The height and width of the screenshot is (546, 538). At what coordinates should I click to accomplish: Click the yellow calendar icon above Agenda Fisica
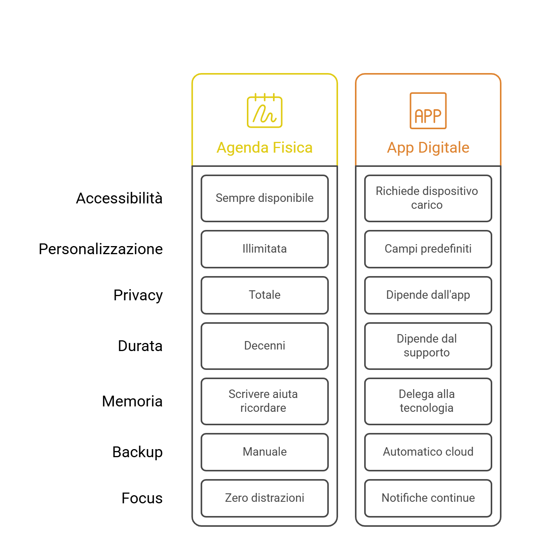coord(265,111)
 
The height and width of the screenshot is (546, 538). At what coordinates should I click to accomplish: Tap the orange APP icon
coord(428,111)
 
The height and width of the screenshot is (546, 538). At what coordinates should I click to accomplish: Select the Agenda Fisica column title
coord(265,148)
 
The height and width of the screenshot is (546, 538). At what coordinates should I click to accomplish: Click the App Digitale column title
coord(428,148)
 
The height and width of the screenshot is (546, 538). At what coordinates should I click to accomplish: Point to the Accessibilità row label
coord(119,198)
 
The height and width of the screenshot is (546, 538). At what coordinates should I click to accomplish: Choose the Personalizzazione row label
coord(101,249)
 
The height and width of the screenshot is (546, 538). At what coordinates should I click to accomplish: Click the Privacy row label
coord(138,295)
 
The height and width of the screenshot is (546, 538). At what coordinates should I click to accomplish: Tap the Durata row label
coord(140,346)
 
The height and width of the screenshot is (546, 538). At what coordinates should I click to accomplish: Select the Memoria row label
coord(132,401)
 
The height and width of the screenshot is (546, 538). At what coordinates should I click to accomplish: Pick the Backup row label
coord(137,452)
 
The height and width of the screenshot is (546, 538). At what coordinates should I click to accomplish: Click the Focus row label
coord(142,498)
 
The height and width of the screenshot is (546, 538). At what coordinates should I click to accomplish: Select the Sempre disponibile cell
coord(265,198)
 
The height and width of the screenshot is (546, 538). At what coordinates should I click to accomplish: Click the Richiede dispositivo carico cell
coord(428,198)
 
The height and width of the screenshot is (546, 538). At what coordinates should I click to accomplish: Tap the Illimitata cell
coord(265,249)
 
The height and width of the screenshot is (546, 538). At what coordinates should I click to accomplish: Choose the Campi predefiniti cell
coord(428,249)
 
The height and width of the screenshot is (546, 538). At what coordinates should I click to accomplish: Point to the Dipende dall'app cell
coord(428,295)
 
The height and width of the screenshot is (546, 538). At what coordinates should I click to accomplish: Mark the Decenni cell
coord(265,346)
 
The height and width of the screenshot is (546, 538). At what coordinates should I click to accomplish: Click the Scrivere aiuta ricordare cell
coord(265,401)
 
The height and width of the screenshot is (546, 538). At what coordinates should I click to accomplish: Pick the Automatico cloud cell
coord(428,452)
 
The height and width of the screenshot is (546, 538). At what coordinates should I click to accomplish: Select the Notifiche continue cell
coord(428,498)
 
